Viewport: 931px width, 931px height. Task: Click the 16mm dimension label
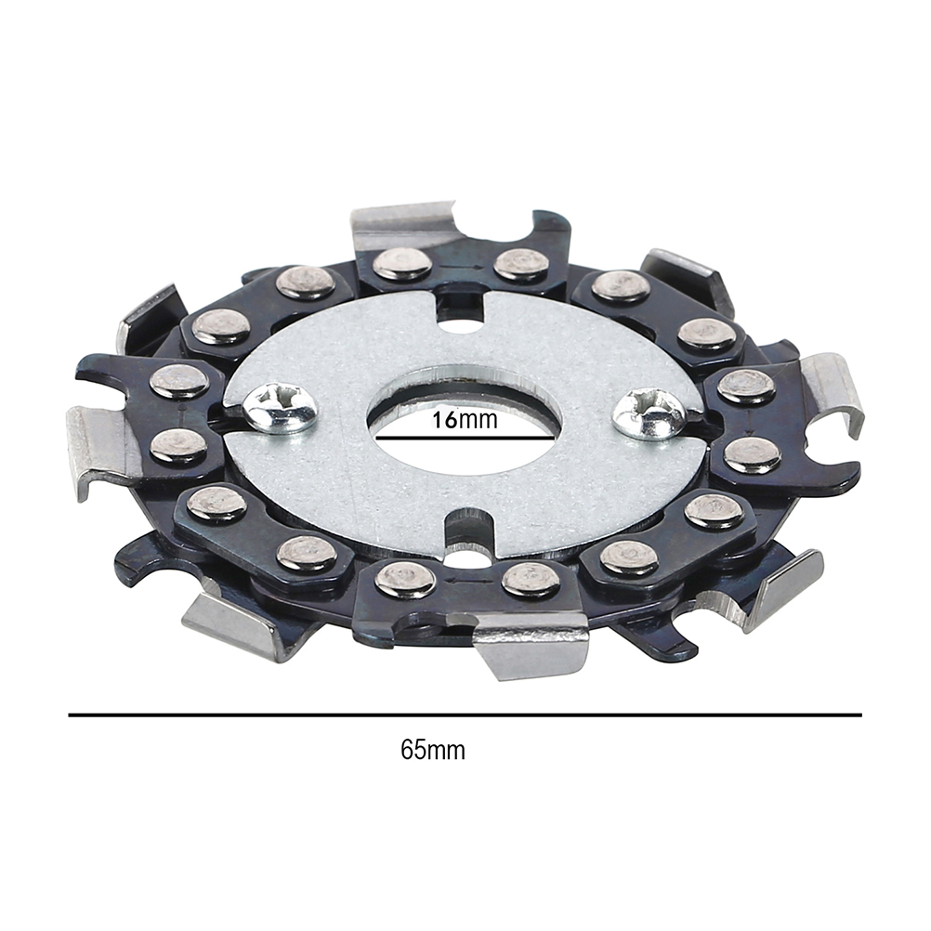click(464, 420)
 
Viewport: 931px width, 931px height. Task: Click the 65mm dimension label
click(433, 750)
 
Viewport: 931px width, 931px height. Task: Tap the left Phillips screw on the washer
click(280, 406)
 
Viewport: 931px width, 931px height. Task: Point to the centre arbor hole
click(465, 427)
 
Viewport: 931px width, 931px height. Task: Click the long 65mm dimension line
click(465, 715)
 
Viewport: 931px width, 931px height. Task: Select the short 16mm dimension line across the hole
click(464, 439)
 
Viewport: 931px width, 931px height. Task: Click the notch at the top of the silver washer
click(463, 308)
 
